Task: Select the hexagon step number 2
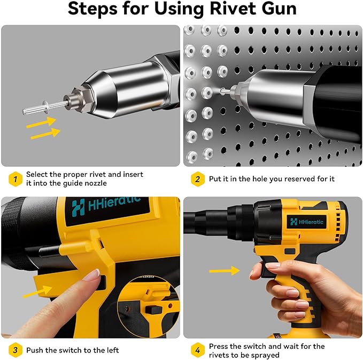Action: tap(197, 178)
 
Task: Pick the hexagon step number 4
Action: tap(197, 350)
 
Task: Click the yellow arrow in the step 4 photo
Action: tap(224, 271)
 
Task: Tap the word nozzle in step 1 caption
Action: tap(96, 183)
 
